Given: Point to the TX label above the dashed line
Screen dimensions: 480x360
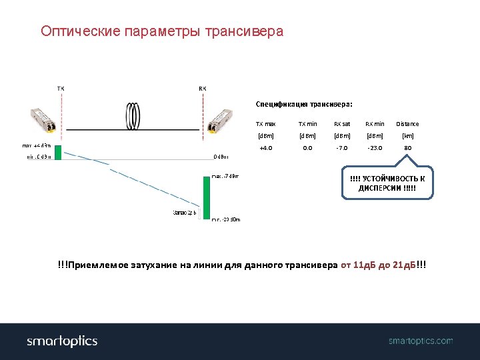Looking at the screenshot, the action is click(61, 88).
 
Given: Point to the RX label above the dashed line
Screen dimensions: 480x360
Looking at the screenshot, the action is click(202, 88).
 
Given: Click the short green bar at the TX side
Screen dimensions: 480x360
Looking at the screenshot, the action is click(58, 151).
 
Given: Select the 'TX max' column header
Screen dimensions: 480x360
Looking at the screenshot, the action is click(265, 124).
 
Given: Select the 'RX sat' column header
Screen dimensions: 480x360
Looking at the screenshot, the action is click(342, 124).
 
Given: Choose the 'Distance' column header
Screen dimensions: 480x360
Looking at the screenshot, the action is click(407, 124).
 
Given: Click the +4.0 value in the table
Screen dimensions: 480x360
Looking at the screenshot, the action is click(265, 148).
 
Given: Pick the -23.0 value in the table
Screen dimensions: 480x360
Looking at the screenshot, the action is click(375, 148).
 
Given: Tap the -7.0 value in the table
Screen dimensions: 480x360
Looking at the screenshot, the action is click(342, 148).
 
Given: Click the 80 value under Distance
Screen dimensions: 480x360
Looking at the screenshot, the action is click(407, 148).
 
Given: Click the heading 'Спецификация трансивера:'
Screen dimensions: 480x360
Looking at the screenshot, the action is click(304, 104).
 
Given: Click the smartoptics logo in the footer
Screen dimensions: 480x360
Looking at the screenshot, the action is click(62, 341).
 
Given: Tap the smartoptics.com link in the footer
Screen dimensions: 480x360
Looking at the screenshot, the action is click(421, 341).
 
